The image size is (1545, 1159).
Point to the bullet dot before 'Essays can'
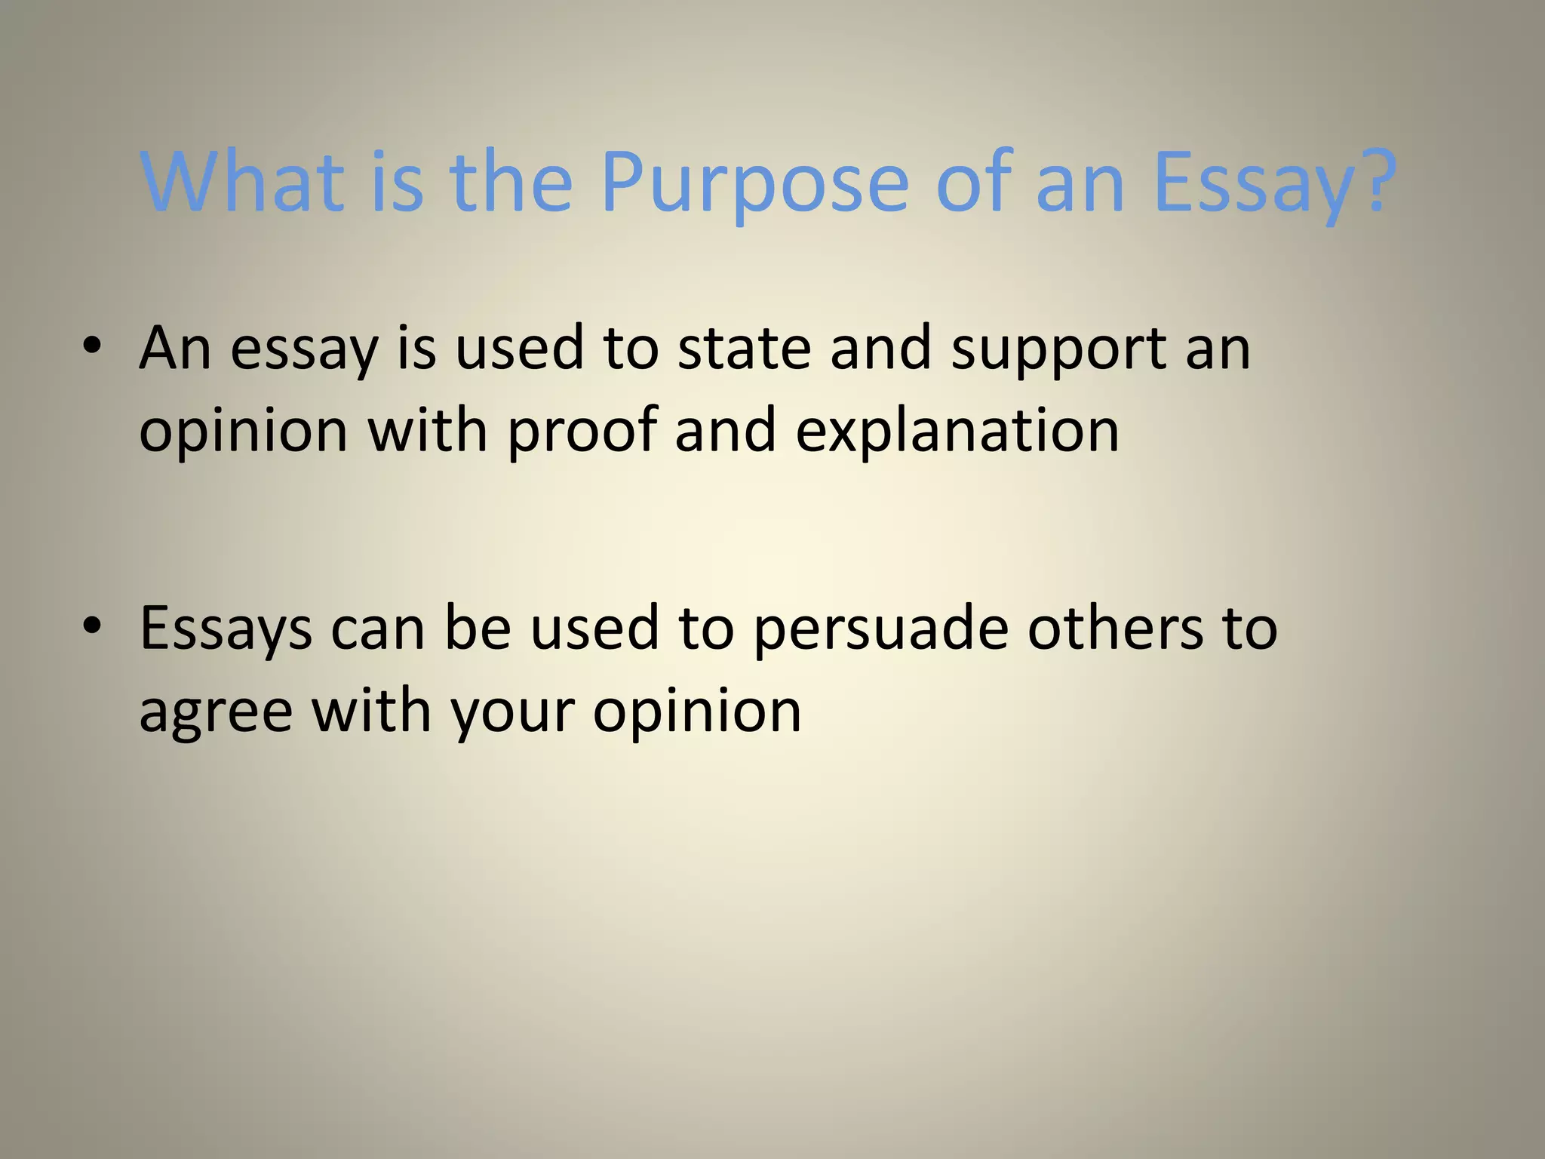(x=92, y=626)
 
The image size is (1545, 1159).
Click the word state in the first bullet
(x=744, y=348)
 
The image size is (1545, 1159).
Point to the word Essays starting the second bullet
(x=226, y=629)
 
